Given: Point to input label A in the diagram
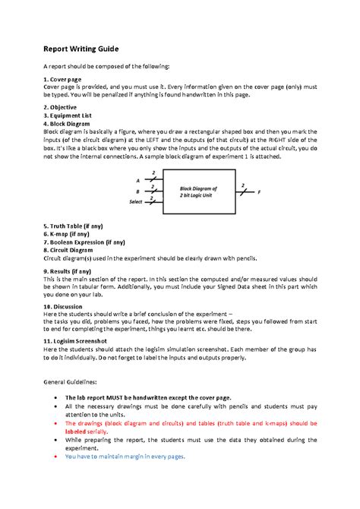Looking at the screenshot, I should pyautogui.click(x=137, y=181).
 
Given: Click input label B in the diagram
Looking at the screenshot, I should pyautogui.click(x=137, y=191).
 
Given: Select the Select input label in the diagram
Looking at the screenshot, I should pyautogui.click(x=134, y=202).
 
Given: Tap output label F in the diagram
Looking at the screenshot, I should pyautogui.click(x=258, y=192).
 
